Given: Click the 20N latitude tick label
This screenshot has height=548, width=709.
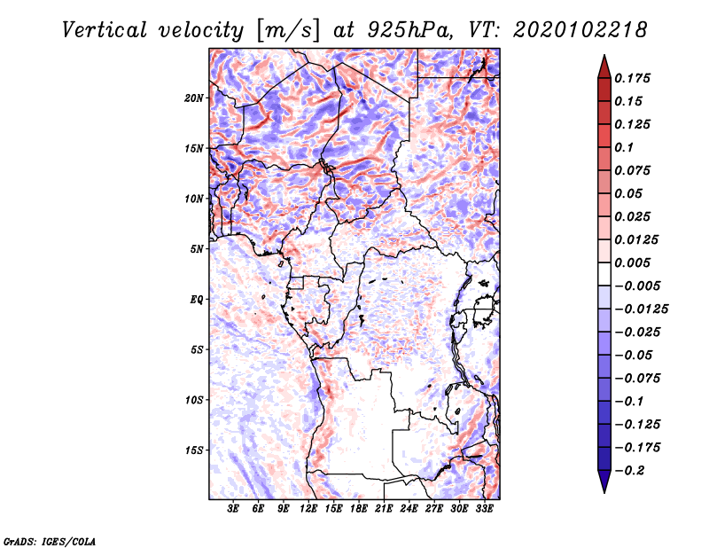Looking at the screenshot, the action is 194,98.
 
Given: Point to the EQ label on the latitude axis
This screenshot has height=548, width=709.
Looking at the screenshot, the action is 197,300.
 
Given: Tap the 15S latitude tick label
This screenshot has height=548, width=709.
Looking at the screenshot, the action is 194,450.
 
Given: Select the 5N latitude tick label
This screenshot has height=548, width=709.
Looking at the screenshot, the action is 197,249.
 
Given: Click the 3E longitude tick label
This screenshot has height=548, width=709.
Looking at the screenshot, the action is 233,508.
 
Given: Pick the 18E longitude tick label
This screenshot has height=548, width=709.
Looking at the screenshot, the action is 359,508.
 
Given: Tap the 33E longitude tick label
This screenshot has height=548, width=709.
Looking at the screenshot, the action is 484,508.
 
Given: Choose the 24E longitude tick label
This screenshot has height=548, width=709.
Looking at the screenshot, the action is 409,508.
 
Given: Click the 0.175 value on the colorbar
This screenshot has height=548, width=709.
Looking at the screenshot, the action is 632,78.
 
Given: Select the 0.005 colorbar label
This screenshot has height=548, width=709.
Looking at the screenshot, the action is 632,262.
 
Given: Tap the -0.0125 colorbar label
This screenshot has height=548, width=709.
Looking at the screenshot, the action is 642,309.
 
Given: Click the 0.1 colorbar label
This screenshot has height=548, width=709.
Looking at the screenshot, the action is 624,147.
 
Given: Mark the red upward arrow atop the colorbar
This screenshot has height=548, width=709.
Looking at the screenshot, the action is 604,67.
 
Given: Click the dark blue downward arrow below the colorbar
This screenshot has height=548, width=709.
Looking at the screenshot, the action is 604,481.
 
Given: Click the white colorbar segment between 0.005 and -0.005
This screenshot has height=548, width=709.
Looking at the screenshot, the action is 604,274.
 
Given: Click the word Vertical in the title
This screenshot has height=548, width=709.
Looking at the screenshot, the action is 105,30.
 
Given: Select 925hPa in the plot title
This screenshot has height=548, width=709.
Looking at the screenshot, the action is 410,30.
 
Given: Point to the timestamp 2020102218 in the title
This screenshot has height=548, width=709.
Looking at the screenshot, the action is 580,30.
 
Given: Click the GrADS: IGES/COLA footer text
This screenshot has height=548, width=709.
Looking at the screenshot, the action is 50,542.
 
